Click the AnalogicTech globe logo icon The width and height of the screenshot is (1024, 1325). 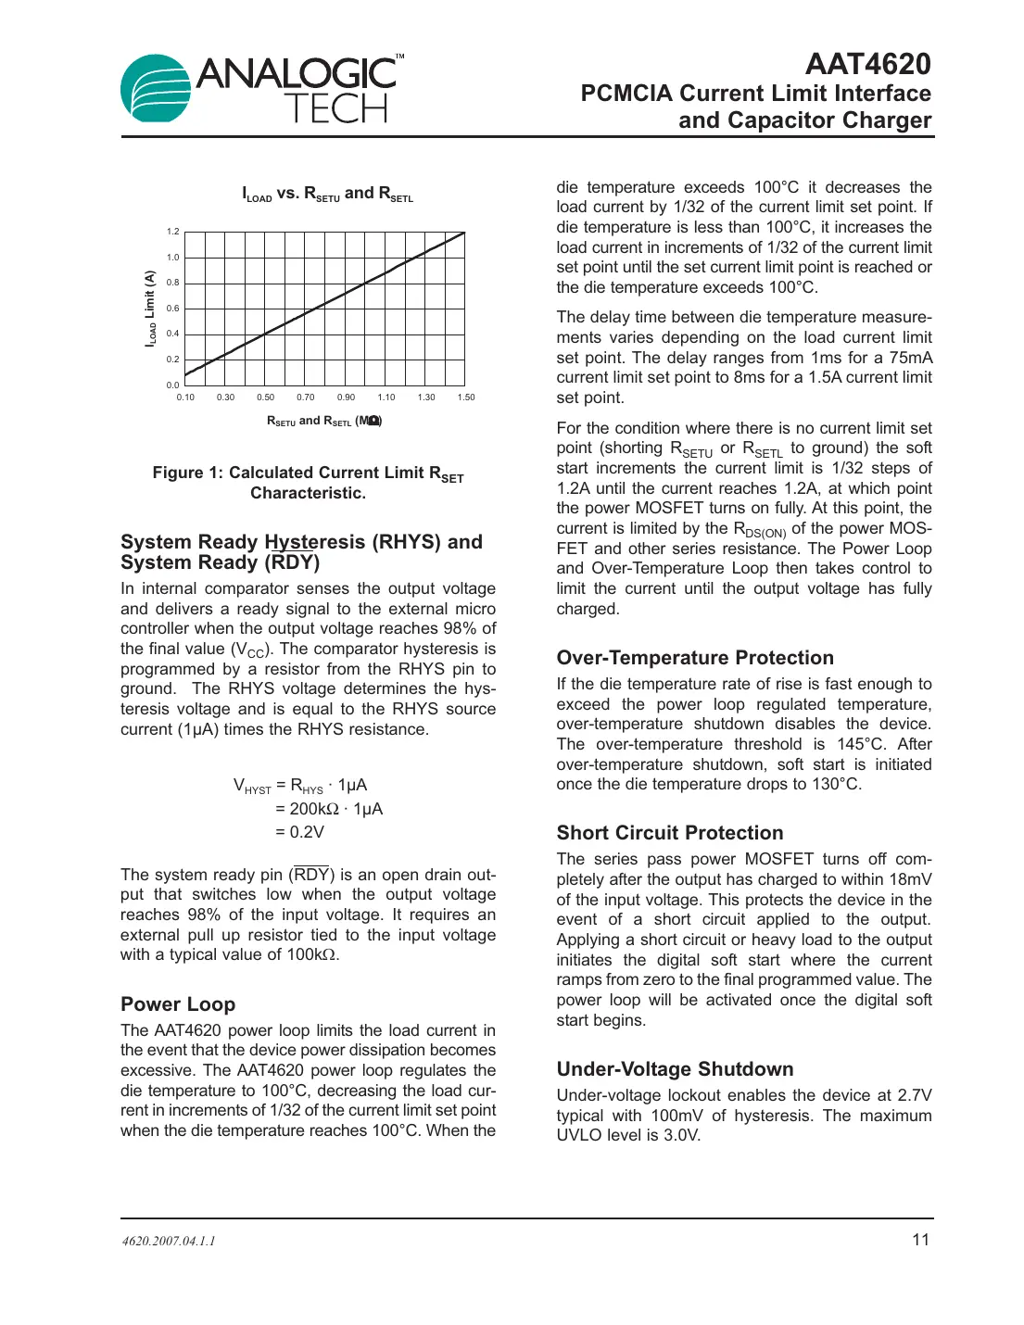pos(156,88)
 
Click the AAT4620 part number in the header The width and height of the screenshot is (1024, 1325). pos(867,64)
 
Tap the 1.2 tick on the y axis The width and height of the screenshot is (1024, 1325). pos(173,232)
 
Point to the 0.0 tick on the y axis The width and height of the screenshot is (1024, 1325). pos(173,385)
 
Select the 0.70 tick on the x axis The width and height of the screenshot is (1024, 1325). pos(306,397)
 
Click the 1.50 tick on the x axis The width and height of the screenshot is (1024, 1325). pos(465,397)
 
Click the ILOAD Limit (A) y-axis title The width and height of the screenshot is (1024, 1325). pos(149,309)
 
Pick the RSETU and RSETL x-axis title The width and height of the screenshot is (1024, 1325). pos(323,421)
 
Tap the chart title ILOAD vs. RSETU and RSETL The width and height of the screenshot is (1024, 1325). pos(327,194)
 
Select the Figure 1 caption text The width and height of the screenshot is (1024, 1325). pos(308,483)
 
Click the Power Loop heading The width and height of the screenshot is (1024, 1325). pos(178,1004)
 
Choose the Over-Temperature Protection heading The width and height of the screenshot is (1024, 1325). pos(695,658)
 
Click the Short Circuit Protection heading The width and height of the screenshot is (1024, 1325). pos(670,833)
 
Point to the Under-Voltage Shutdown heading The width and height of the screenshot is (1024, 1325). pos(675,1069)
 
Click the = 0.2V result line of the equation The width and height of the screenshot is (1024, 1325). pos(299,832)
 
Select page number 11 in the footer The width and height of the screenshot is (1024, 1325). pos(920,1240)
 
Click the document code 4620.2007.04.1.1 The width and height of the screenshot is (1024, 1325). pos(169,1241)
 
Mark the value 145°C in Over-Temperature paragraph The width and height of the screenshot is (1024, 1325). pos(861,744)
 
